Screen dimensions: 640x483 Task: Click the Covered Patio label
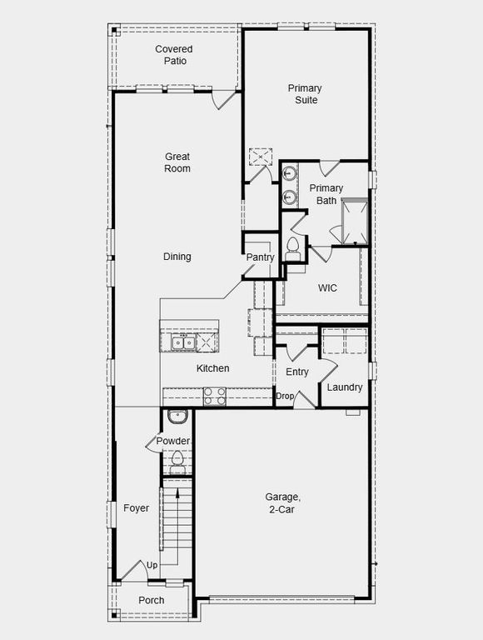click(x=174, y=55)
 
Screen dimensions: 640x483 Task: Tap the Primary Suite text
click(x=305, y=94)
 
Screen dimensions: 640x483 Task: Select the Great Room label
click(x=177, y=162)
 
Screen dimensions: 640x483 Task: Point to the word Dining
click(x=177, y=257)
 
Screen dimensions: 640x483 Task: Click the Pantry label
click(x=260, y=257)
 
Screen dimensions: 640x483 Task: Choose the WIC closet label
click(x=327, y=288)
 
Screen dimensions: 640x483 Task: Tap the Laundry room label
click(x=344, y=387)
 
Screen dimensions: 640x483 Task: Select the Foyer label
click(x=136, y=508)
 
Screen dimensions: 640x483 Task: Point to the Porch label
click(x=151, y=600)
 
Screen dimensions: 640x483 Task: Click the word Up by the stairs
click(x=152, y=566)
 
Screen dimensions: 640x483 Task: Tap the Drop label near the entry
click(x=285, y=396)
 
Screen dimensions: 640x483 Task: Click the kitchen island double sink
click(x=182, y=342)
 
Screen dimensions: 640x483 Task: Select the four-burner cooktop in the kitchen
click(x=214, y=396)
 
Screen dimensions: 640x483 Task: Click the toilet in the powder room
click(x=177, y=458)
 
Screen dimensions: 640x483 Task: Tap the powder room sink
click(x=177, y=417)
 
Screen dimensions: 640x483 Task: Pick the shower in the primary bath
click(x=354, y=221)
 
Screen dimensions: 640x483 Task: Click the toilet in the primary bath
click(x=292, y=246)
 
